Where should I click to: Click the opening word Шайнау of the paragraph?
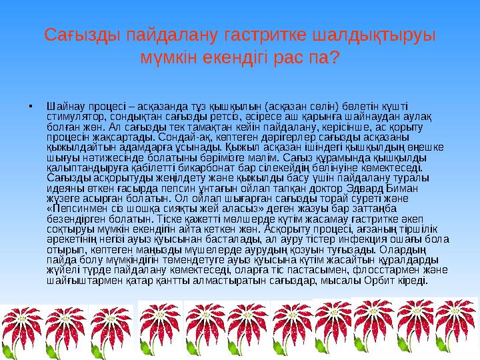tap(63, 105)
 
